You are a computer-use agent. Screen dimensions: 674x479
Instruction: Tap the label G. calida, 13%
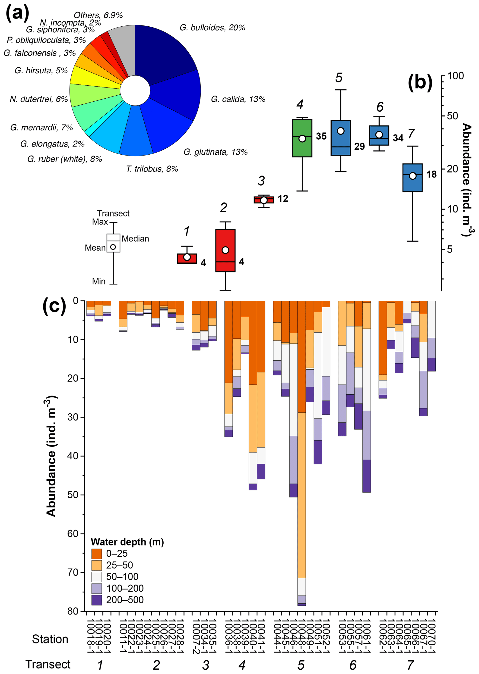[238, 99]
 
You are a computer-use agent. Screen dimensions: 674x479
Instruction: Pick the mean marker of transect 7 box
[413, 176]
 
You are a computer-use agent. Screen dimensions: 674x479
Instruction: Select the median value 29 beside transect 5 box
[359, 147]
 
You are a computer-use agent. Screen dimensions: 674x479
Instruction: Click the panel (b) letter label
[420, 82]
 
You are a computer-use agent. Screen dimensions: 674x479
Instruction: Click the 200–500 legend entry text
[125, 599]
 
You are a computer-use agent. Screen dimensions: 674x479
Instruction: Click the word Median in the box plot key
[135, 239]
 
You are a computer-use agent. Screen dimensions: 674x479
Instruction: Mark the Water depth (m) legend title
[127, 542]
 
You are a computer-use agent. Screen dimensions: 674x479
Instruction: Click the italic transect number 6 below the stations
[353, 665]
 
